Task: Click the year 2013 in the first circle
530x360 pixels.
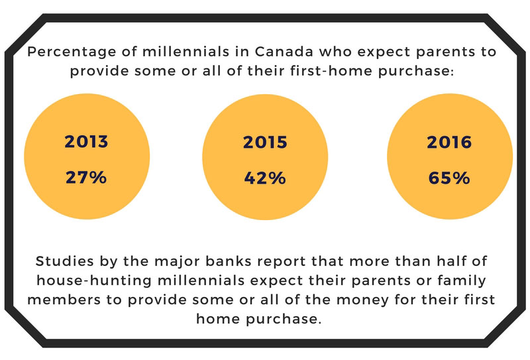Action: click(x=86, y=141)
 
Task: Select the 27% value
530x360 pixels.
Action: click(x=86, y=177)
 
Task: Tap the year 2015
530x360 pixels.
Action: click(x=265, y=142)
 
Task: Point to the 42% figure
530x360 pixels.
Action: click(x=265, y=178)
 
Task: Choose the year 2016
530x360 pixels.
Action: click(x=449, y=142)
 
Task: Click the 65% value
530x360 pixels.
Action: click(x=449, y=178)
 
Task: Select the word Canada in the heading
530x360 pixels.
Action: click(x=284, y=52)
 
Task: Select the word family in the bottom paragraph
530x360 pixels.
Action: click(x=462, y=281)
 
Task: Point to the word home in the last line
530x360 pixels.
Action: click(x=218, y=319)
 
